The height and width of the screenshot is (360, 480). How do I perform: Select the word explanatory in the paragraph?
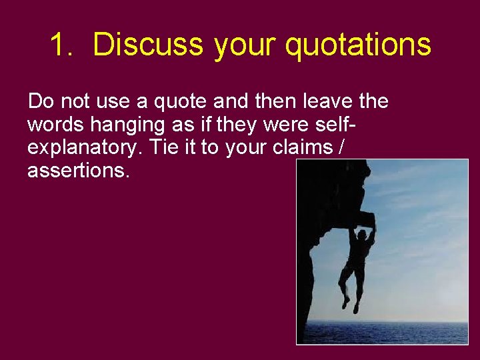[85, 148]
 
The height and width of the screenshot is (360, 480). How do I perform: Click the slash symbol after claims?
[342, 147]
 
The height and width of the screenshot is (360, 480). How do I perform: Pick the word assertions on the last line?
[79, 171]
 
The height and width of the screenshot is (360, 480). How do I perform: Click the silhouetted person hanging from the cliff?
[357, 260]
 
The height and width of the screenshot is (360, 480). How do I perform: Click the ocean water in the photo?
[413, 330]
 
